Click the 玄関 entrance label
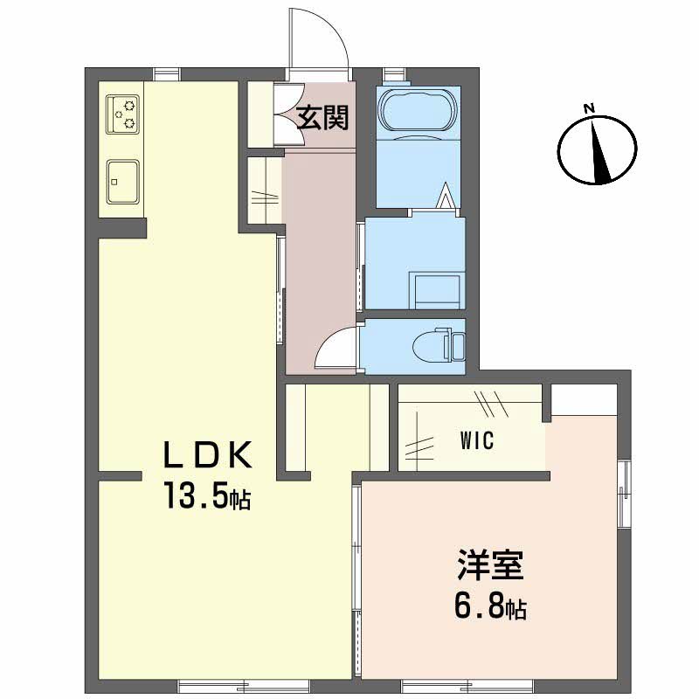coord(322,118)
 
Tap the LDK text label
coord(208,455)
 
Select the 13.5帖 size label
coord(207,495)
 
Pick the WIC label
coord(477,441)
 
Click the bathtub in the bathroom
coord(419,110)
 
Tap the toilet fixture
coord(439,344)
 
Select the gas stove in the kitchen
coord(122,114)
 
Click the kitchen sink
coord(122,182)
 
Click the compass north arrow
coord(599,150)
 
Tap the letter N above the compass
coord(589,107)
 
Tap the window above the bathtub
coord(395,74)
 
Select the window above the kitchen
coord(169,74)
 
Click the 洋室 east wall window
coord(624,494)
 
